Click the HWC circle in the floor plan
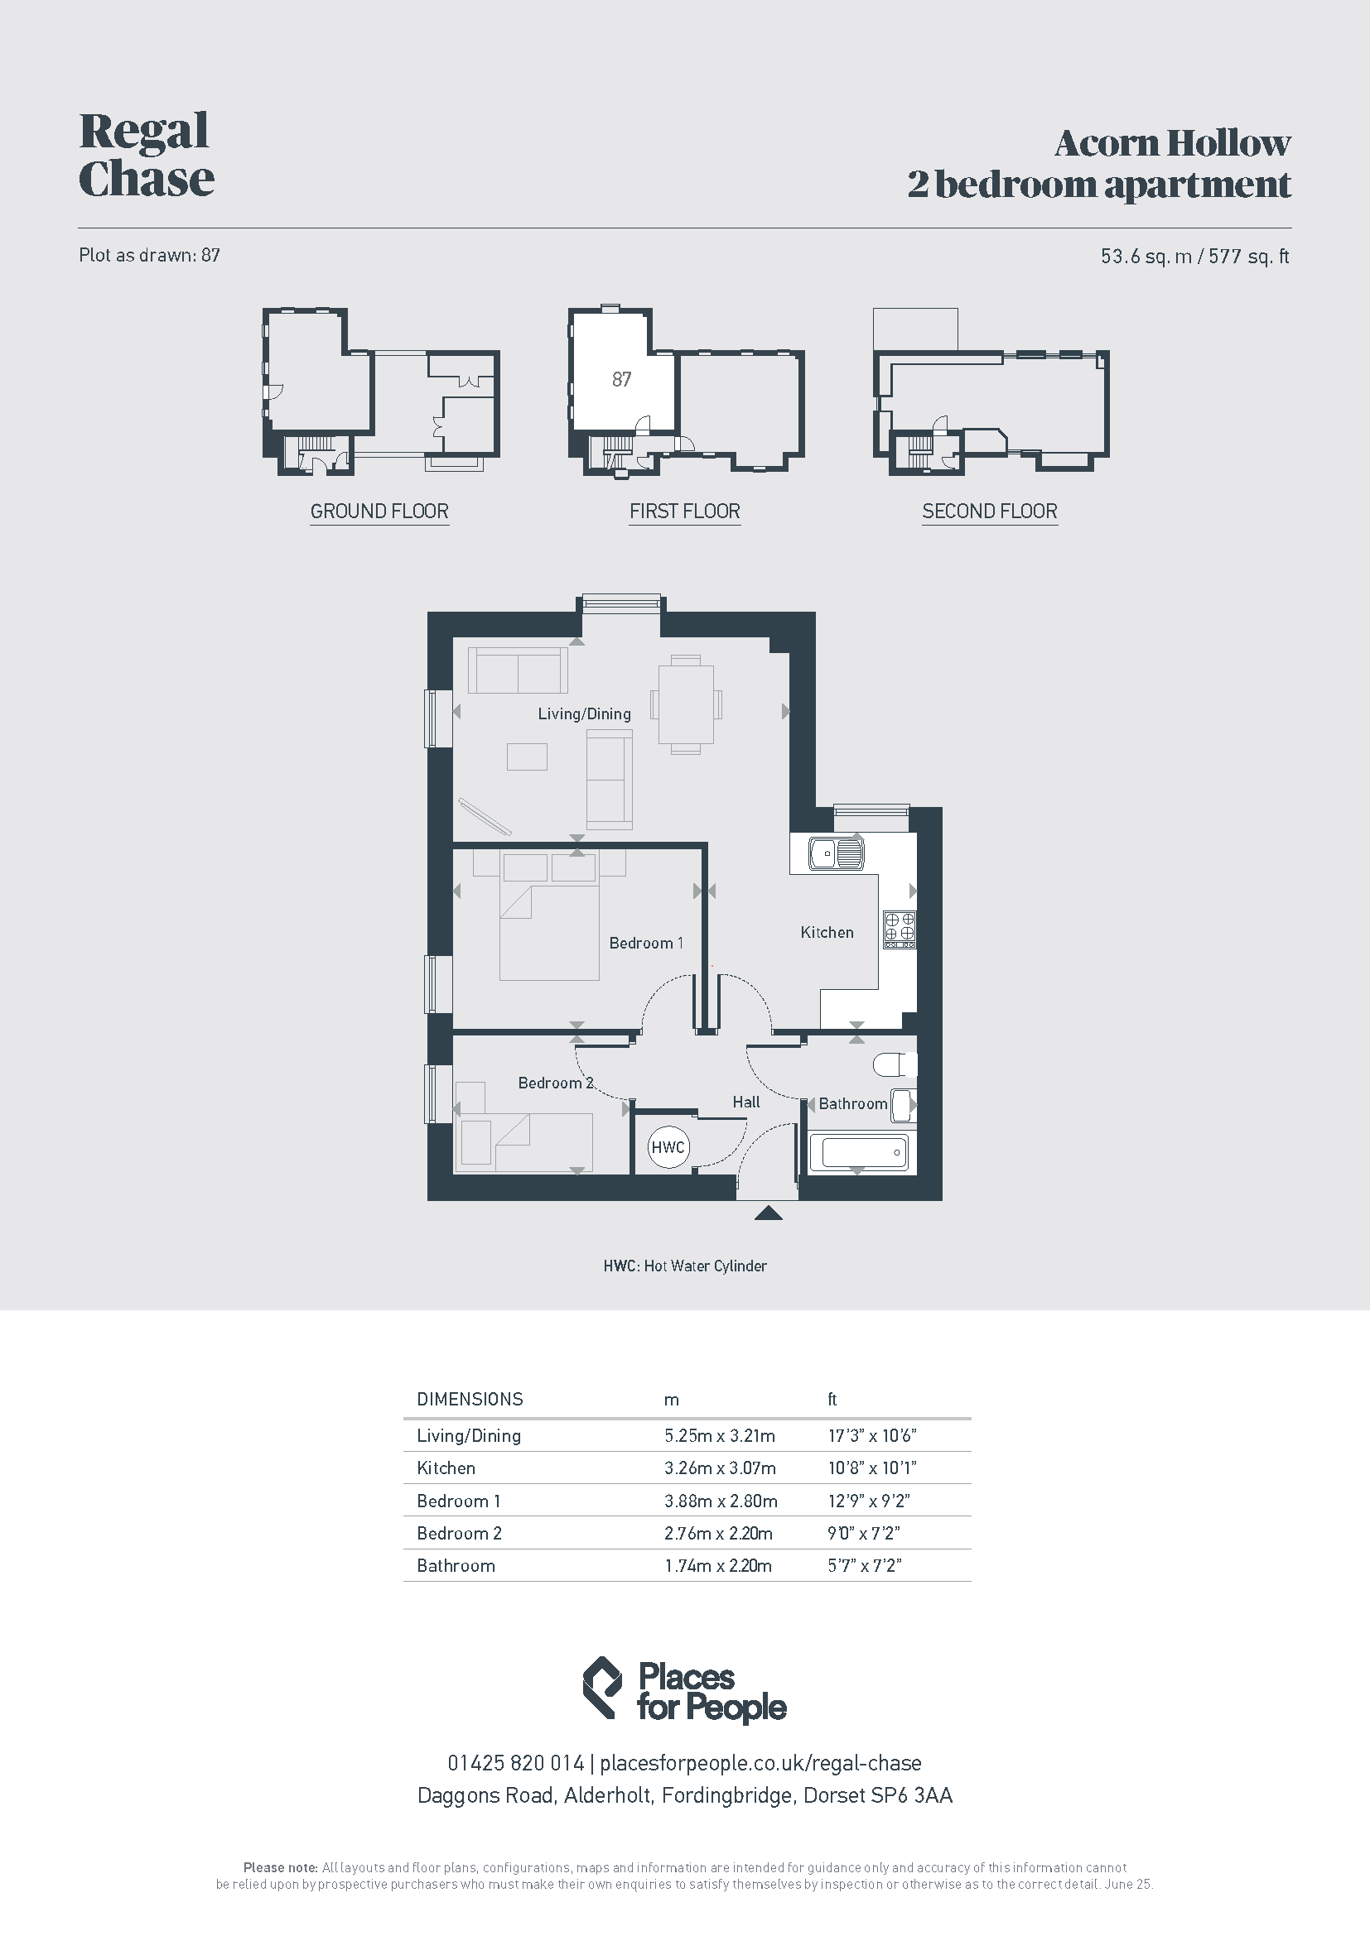click(x=668, y=1146)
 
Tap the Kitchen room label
click(x=827, y=932)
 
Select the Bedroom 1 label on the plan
click(x=646, y=943)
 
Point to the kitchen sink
click(x=835, y=853)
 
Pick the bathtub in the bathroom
click(x=859, y=1152)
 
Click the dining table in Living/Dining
click(x=686, y=705)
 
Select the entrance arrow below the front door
click(x=768, y=1213)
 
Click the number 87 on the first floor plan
click(x=622, y=379)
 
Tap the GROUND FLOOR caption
click(x=379, y=511)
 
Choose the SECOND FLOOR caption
click(x=990, y=511)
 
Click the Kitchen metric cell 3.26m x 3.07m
click(x=720, y=1468)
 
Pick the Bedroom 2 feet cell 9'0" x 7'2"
click(x=864, y=1533)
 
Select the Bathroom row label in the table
click(x=456, y=1566)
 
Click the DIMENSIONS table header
click(x=470, y=1400)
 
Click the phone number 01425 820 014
click(x=515, y=1763)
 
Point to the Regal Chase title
click(x=146, y=155)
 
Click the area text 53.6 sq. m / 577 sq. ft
click(x=1194, y=257)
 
